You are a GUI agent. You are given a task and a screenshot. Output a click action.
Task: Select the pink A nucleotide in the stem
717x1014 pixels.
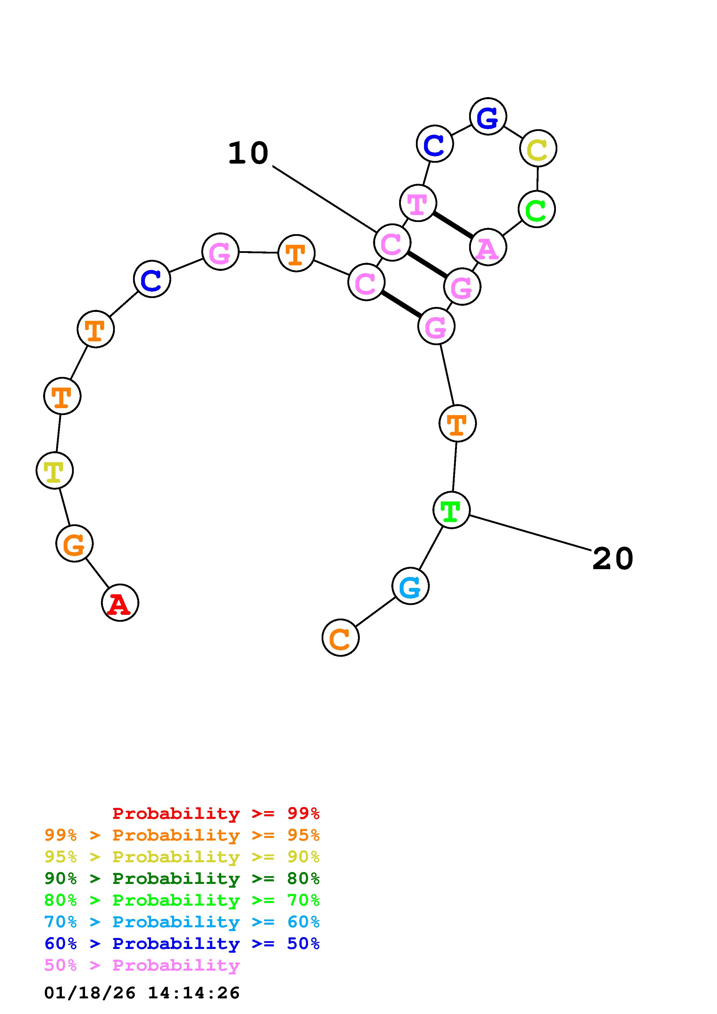pos(488,247)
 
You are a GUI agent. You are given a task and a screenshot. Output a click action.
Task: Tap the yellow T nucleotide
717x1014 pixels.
pos(54,471)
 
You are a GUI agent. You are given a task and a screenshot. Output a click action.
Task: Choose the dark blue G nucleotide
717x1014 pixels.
pos(488,116)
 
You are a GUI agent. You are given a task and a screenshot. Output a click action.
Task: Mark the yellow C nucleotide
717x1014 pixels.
pos(538,148)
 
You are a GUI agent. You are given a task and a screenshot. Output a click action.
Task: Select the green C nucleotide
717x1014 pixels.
pos(537,209)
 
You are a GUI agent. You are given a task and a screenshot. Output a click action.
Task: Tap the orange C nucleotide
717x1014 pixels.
pos(340,638)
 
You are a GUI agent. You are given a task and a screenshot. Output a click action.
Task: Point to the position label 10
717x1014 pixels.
pos(248,153)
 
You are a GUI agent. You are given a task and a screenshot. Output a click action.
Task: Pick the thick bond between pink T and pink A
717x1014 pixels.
pos(453,225)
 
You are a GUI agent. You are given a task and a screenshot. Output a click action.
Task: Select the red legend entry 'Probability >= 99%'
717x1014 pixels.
pos(215,813)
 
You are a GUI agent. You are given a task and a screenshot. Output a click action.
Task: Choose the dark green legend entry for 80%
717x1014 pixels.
pos(182,879)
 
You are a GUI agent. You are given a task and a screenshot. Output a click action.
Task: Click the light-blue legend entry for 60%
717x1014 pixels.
pos(182,922)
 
